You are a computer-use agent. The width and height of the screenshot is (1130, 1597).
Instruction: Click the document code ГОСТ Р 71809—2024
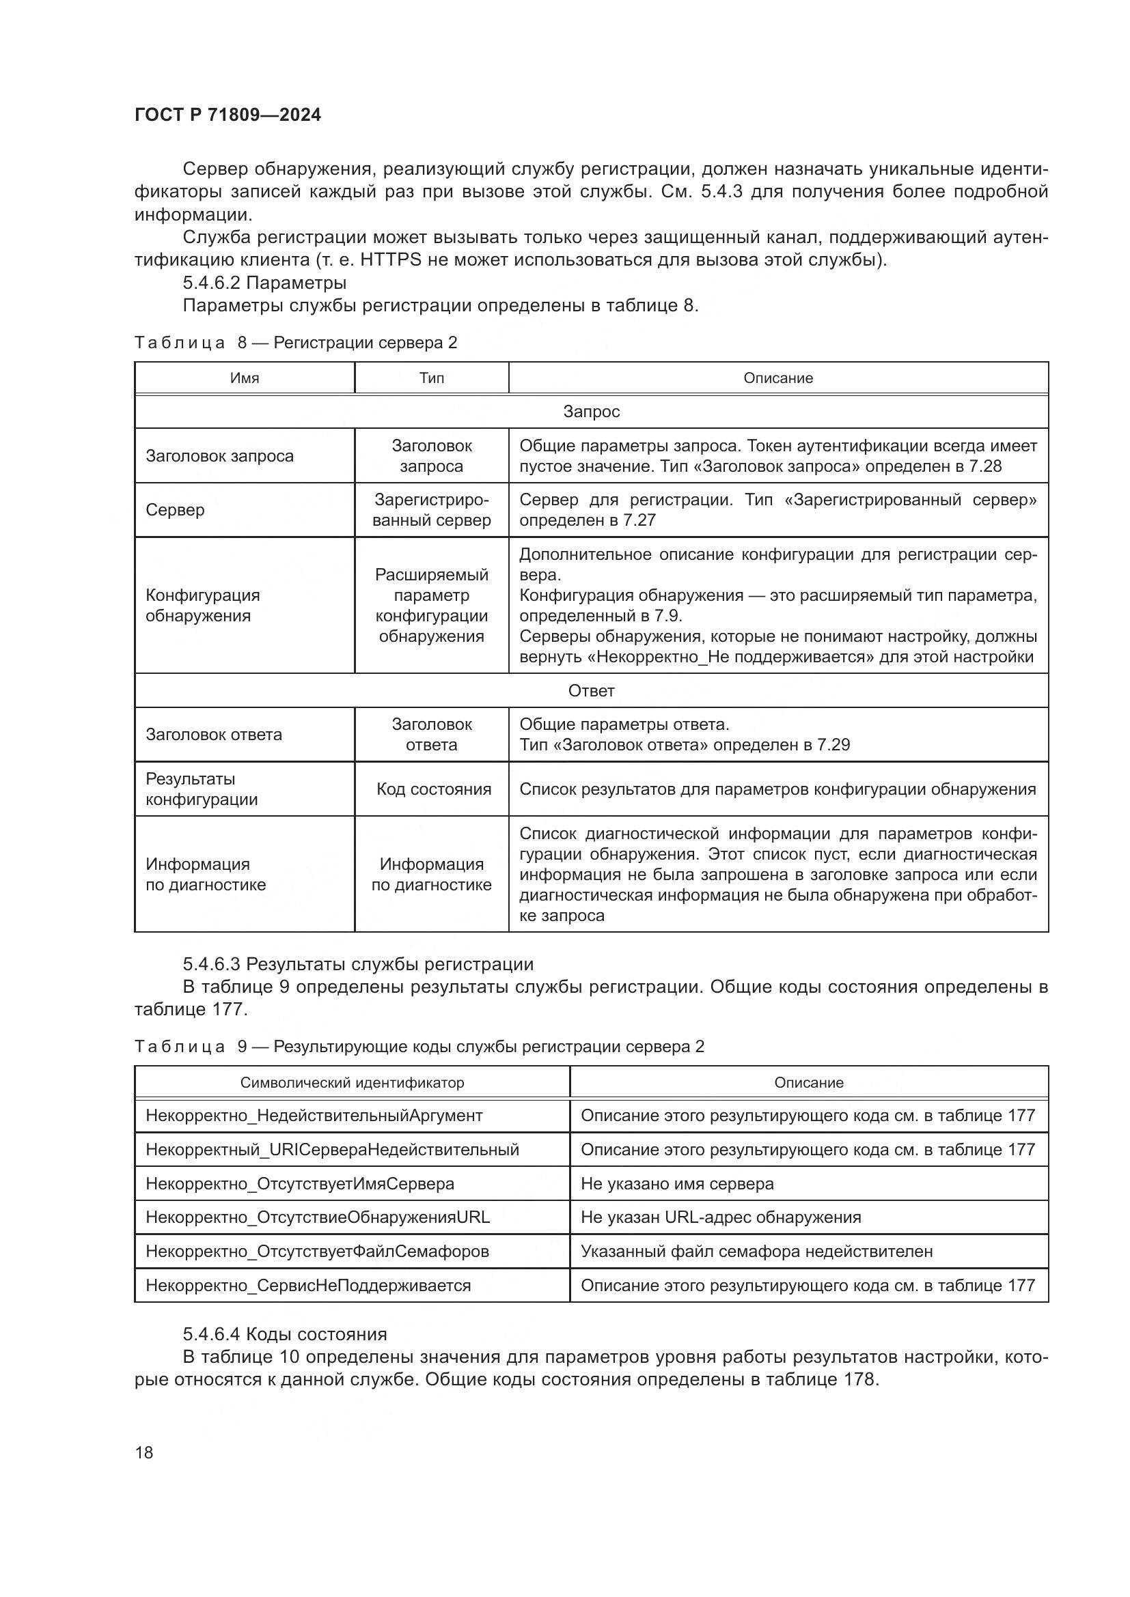(x=228, y=115)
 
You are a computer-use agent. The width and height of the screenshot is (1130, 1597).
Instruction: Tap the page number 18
(x=144, y=1452)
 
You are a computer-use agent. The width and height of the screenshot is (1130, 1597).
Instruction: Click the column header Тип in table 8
(x=431, y=378)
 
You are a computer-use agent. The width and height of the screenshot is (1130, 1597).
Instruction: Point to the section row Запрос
(x=591, y=412)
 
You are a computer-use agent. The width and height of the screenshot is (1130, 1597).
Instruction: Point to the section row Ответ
(x=591, y=691)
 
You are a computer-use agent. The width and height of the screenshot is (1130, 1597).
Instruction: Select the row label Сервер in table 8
(x=176, y=510)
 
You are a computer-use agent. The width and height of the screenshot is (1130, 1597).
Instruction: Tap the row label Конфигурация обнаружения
(x=202, y=605)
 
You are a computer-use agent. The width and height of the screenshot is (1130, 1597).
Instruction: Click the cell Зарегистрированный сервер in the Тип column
(x=431, y=510)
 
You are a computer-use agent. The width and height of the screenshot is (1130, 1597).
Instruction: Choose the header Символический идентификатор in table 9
(x=352, y=1083)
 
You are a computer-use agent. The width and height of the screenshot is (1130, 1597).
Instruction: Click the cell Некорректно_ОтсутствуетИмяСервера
(x=300, y=1184)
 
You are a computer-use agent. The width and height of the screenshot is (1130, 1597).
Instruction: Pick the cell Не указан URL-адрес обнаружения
(x=720, y=1217)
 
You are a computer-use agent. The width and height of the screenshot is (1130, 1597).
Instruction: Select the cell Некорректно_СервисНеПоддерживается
(x=308, y=1286)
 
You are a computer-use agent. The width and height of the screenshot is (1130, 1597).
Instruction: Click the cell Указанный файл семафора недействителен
(x=756, y=1252)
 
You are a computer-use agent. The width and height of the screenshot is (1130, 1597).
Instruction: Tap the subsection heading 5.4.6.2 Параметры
(x=264, y=283)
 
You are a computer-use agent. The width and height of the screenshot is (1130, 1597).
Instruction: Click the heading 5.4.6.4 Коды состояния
(x=285, y=1334)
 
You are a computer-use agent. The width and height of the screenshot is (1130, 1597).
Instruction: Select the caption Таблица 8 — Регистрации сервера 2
(x=296, y=342)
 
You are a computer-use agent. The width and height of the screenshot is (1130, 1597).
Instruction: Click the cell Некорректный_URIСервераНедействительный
(x=332, y=1150)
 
